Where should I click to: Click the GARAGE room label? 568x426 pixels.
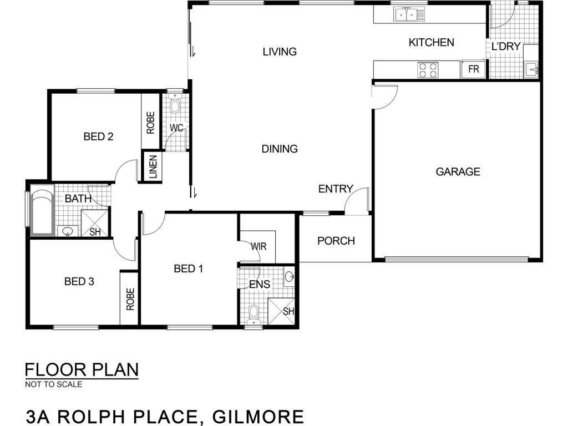pyautogui.click(x=458, y=171)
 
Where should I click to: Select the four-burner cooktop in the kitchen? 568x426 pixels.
pyautogui.click(x=428, y=70)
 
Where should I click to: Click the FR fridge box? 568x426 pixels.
pyautogui.click(x=473, y=69)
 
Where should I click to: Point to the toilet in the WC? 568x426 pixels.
pyautogui.click(x=175, y=104)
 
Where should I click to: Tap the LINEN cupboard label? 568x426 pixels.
pyautogui.click(x=154, y=167)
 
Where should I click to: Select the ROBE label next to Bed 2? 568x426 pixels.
pyautogui.click(x=150, y=123)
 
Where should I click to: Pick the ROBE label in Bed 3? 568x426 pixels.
pyautogui.click(x=130, y=299)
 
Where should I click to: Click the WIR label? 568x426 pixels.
pyautogui.click(x=258, y=246)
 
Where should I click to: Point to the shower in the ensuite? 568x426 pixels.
pyautogui.click(x=281, y=312)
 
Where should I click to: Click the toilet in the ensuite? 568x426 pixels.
pyautogui.click(x=253, y=315)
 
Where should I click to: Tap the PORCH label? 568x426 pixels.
pyautogui.click(x=336, y=241)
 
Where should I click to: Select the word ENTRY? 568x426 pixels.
pyautogui.click(x=336, y=189)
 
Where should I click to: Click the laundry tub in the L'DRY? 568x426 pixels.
pyautogui.click(x=531, y=69)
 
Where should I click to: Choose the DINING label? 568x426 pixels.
pyautogui.click(x=280, y=149)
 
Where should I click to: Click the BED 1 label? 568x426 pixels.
pyautogui.click(x=189, y=268)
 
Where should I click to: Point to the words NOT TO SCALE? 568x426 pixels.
pyautogui.click(x=54, y=384)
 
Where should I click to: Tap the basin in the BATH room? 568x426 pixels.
pyautogui.click(x=68, y=231)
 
